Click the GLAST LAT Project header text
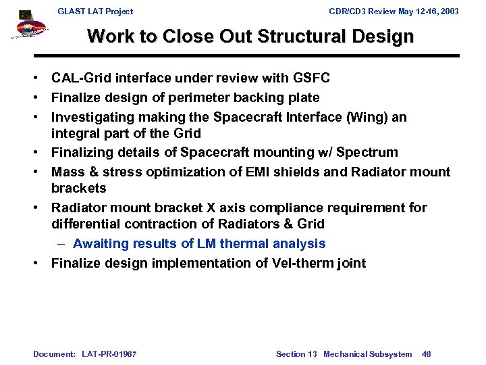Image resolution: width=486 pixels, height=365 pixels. click(95, 11)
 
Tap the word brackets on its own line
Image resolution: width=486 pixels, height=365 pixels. click(79, 187)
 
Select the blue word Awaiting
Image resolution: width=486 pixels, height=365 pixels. click(101, 244)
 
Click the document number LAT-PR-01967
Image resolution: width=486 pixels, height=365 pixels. click(109, 354)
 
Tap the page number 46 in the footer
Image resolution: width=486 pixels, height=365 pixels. click(426, 354)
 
